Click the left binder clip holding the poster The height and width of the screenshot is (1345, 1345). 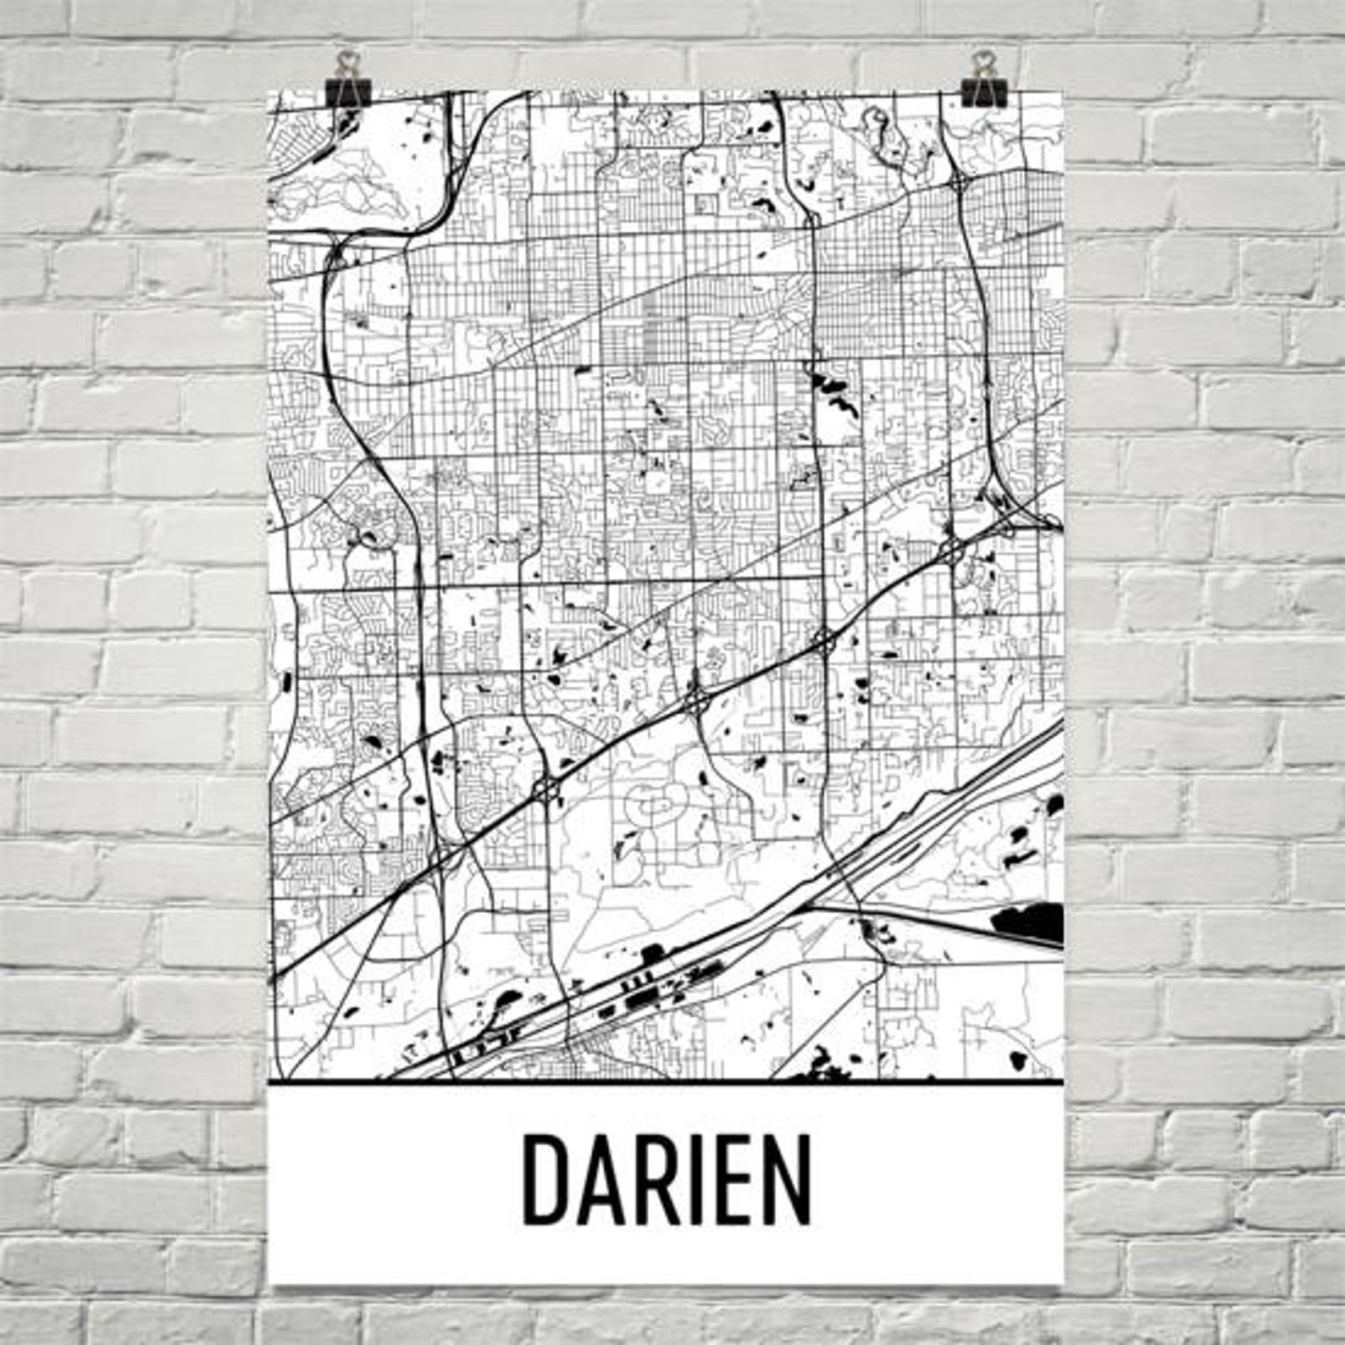(348, 81)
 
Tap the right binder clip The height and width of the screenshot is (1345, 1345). (982, 80)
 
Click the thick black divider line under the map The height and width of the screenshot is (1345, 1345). (666, 1082)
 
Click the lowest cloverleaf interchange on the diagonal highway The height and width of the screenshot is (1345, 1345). (546, 791)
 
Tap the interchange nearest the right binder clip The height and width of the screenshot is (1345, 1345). (960, 182)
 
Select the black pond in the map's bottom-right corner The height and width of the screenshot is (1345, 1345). (1019, 1059)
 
